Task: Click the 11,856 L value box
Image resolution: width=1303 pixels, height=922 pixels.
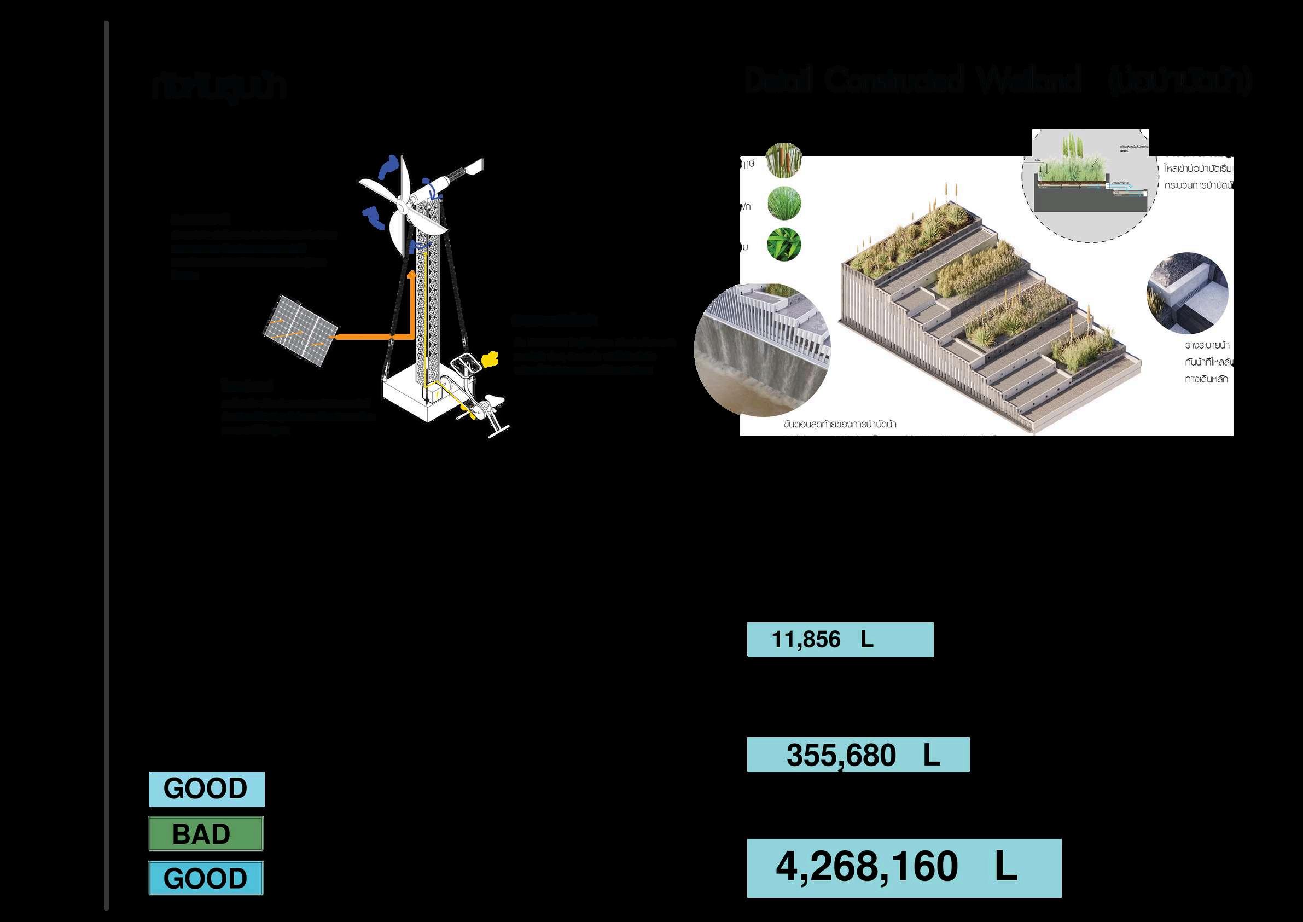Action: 839,640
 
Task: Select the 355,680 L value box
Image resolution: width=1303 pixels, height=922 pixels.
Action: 858,755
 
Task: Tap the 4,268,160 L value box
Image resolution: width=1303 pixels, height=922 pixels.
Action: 904,868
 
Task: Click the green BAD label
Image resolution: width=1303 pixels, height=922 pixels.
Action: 206,834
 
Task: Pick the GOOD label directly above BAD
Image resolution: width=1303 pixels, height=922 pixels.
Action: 207,788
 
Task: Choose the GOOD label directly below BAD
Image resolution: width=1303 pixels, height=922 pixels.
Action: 206,878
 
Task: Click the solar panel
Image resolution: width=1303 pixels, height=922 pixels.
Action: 300,330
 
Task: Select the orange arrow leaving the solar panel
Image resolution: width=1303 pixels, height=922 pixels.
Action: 375,336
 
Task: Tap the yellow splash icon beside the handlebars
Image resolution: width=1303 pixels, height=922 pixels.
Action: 488,359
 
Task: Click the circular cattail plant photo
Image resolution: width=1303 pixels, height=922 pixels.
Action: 784,160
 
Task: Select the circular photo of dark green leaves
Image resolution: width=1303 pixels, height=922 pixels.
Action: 784,245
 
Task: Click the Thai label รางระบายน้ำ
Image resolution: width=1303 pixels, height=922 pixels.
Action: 1207,345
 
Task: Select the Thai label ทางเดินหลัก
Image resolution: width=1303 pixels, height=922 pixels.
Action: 1206,379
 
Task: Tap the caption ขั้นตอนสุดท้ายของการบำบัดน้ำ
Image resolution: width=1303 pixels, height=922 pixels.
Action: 839,424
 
